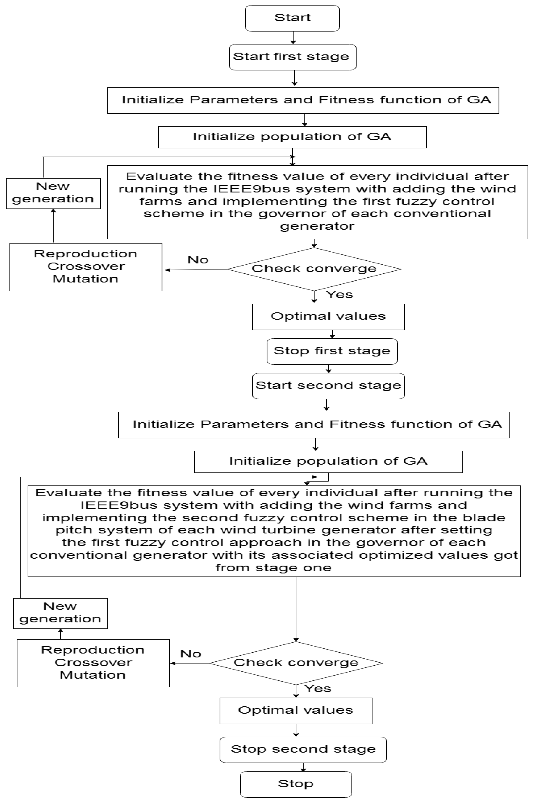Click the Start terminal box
(x=292, y=18)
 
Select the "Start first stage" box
(x=292, y=57)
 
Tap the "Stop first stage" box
(x=332, y=351)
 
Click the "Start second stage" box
(x=328, y=386)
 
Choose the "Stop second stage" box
(x=303, y=749)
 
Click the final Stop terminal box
(x=296, y=784)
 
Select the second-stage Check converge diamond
(x=296, y=663)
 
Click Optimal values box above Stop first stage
(x=328, y=317)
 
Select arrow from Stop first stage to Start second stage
(x=329, y=369)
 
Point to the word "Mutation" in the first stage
(x=85, y=279)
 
